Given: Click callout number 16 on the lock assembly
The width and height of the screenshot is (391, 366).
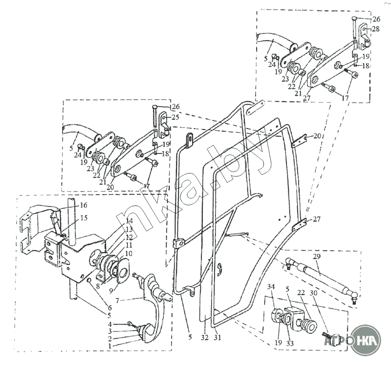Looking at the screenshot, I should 84,205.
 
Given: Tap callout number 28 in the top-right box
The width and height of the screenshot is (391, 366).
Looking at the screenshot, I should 375,29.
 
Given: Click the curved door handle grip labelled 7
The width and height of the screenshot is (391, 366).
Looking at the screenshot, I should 152,313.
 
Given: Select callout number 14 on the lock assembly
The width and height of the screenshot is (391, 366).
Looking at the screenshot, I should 129,221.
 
